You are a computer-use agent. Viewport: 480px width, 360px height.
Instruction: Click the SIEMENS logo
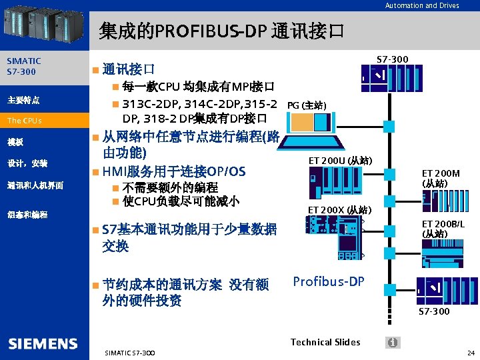pos(43,344)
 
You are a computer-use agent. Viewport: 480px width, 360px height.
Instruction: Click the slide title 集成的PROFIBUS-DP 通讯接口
pos(221,30)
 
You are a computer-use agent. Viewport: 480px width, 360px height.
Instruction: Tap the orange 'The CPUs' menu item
pos(25,121)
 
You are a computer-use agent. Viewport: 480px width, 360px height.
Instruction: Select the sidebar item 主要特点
pos(24,100)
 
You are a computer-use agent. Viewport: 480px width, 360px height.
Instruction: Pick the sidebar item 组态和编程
pos(27,215)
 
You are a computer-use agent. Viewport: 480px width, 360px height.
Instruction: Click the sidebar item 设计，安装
pos(27,163)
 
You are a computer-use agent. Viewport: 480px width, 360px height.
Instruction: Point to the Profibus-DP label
pos(329,281)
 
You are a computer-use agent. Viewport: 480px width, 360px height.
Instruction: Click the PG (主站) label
pos(306,105)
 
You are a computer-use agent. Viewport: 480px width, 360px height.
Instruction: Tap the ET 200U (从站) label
pos(340,161)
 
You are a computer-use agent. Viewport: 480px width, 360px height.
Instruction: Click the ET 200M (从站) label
pos(441,178)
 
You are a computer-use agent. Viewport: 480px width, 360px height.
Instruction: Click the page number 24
pos(471,352)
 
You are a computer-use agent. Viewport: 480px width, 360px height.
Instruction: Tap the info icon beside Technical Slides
pos(393,342)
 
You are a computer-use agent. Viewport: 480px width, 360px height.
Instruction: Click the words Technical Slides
pos(325,342)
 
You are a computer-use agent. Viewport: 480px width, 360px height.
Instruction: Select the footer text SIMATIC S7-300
pos(130,352)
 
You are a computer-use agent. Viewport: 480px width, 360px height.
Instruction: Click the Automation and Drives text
pos(422,5)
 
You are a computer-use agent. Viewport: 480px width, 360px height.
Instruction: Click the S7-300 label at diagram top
pos(393,60)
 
